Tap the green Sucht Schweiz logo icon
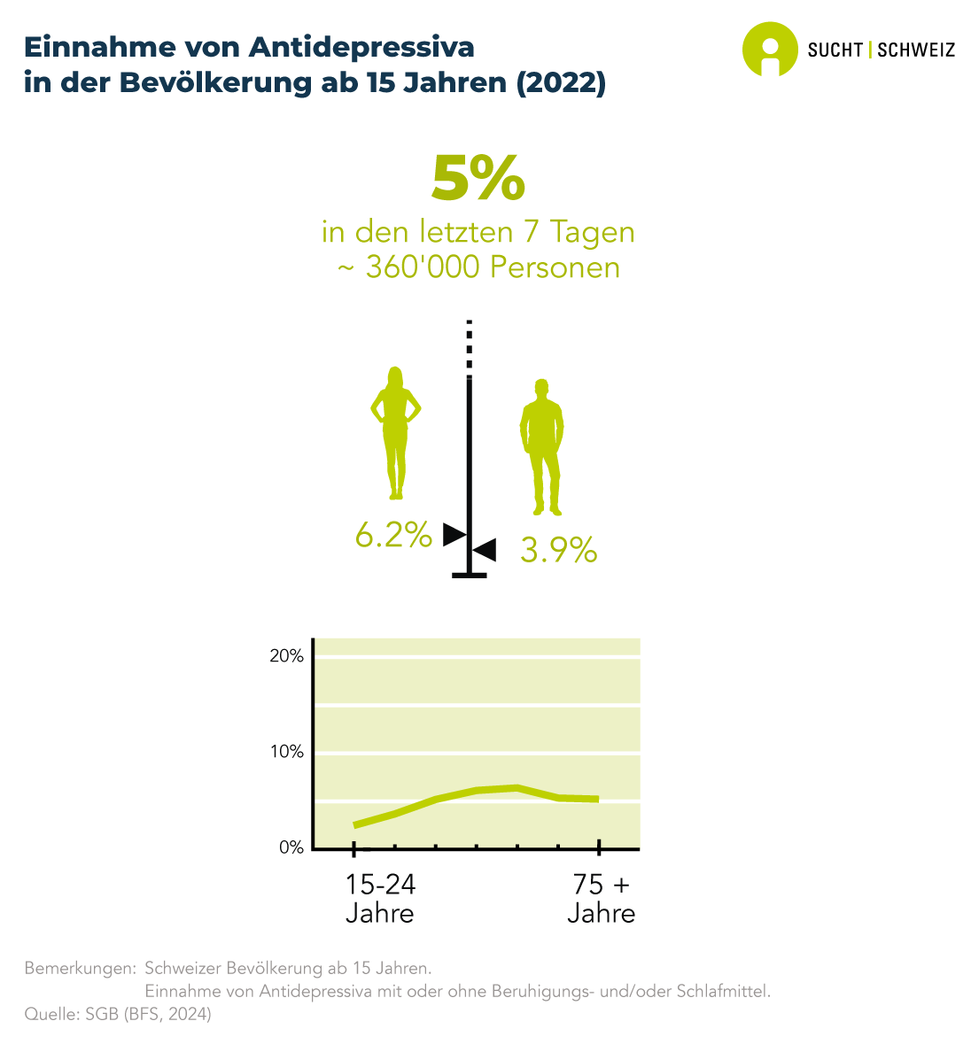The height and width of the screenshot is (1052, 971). point(769,49)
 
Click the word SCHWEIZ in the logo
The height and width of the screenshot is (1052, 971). point(916,50)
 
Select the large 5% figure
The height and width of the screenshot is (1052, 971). point(478,179)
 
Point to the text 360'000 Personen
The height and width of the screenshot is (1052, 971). point(493,267)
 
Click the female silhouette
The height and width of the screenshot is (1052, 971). point(395,432)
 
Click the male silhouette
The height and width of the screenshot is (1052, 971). point(541,447)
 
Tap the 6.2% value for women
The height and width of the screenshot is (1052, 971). point(393,535)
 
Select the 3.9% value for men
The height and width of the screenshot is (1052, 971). point(558,551)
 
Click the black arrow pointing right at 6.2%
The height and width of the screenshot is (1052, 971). point(454,534)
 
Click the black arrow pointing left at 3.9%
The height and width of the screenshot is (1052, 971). point(485,550)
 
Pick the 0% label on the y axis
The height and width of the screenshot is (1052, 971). point(291,847)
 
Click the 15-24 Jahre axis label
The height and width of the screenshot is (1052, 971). point(380,898)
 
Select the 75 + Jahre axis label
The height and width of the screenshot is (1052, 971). point(601,898)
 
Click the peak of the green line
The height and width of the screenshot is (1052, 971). point(516,787)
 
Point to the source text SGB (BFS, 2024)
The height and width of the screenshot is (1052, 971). point(148,1015)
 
